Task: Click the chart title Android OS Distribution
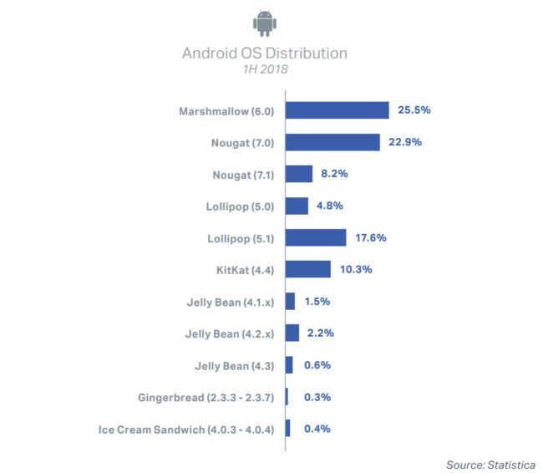point(265,53)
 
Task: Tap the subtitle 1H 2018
point(264,70)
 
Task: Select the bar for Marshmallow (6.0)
point(337,110)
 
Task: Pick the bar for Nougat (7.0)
point(332,142)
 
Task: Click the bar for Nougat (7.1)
point(299,174)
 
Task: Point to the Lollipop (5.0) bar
point(297,206)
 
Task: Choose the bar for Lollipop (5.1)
point(316,237)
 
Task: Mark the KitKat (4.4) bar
point(308,269)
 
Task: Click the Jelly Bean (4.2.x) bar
point(292,333)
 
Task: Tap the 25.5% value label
point(414,110)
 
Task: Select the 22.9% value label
point(405,142)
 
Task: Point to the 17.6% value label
point(370,237)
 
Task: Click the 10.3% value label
point(355,269)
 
